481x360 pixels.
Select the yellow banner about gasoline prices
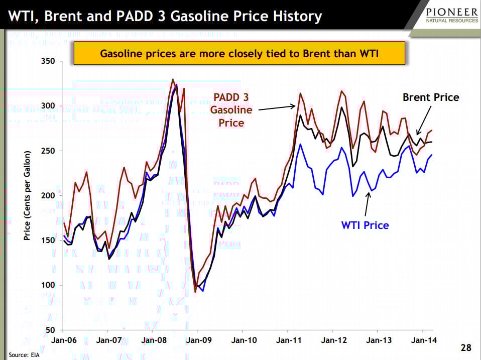tap(239, 53)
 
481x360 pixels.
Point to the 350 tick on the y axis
tap(48, 61)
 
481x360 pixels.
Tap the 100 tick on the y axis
tap(48, 285)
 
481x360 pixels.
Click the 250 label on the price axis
tap(48, 151)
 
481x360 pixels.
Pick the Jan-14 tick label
tap(422, 340)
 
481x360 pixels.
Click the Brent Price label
tap(431, 97)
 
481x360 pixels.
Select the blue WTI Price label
tap(365, 225)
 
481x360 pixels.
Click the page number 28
tap(465, 348)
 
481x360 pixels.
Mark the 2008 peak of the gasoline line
tap(173, 79)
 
